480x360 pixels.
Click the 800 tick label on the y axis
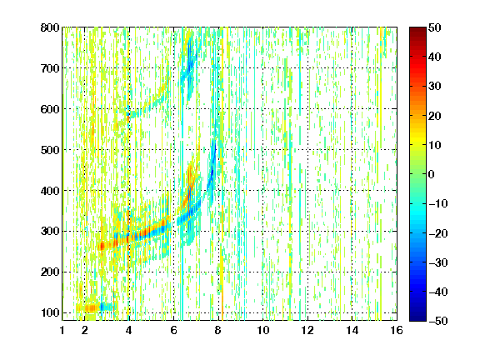click(50, 27)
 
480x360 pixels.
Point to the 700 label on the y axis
click(50, 68)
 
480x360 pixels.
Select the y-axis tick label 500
click(50, 150)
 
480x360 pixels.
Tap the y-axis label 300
click(50, 232)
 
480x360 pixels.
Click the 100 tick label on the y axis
click(50, 312)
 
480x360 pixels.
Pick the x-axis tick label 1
click(62, 331)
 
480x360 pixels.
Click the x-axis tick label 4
click(129, 331)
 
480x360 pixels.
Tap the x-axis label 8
click(218, 331)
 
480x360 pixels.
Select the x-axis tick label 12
click(307, 331)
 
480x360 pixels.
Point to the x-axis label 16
click(397, 331)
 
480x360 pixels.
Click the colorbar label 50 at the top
click(434, 27)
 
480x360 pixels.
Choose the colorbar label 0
click(432, 174)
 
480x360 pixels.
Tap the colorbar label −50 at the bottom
click(438, 321)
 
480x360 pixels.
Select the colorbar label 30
click(434, 87)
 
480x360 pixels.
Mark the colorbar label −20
click(438, 233)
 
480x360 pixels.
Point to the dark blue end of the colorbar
click(417, 318)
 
